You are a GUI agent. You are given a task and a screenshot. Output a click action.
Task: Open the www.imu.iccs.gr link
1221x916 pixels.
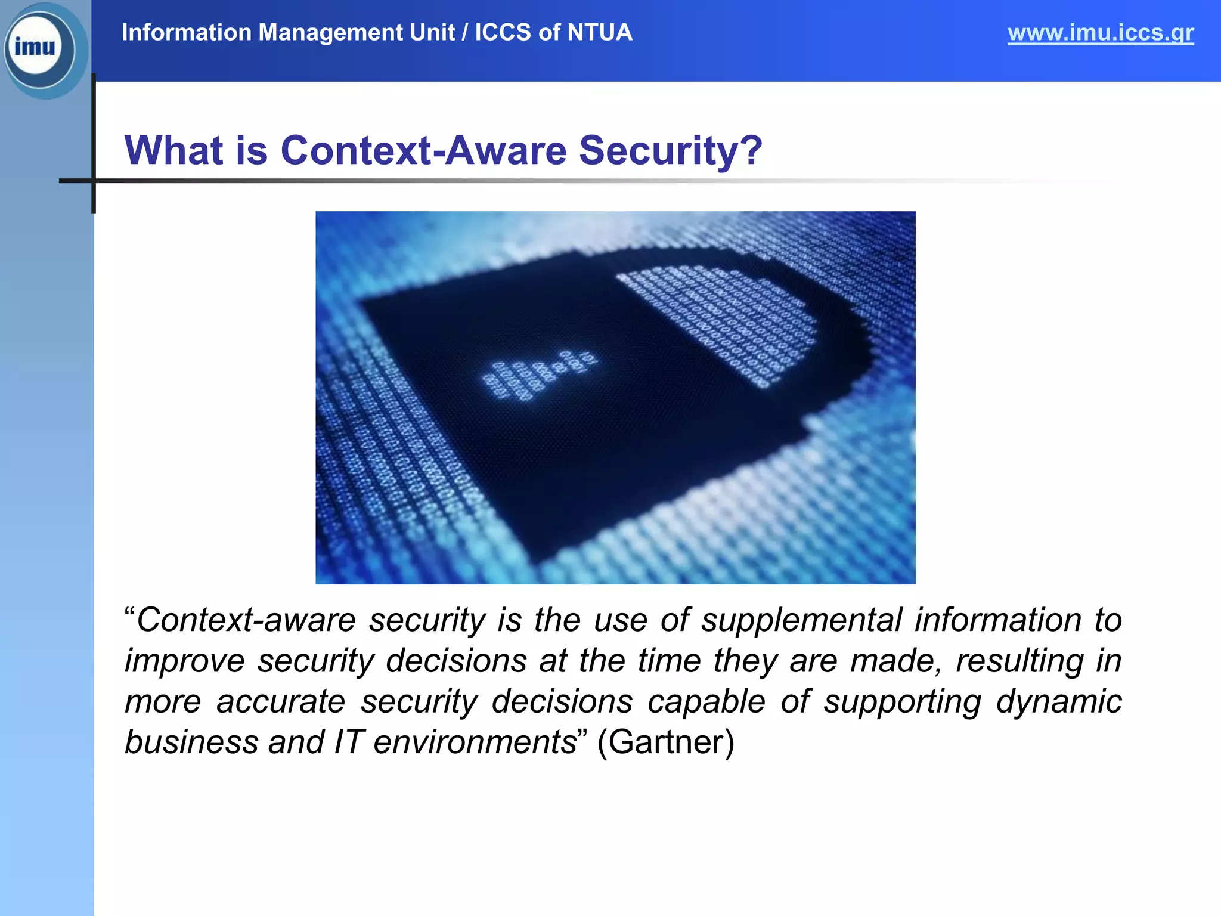1100,33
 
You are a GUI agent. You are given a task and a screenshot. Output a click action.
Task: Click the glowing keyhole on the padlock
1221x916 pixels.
537,376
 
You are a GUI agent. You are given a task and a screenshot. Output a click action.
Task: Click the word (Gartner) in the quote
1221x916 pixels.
665,742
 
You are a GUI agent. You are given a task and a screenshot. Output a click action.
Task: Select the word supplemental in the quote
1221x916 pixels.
801,620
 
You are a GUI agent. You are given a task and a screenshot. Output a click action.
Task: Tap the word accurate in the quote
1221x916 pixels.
281,701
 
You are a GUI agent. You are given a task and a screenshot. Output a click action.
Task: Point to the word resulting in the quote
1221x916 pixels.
1019,661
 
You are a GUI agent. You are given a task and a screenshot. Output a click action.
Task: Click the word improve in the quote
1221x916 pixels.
185,661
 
